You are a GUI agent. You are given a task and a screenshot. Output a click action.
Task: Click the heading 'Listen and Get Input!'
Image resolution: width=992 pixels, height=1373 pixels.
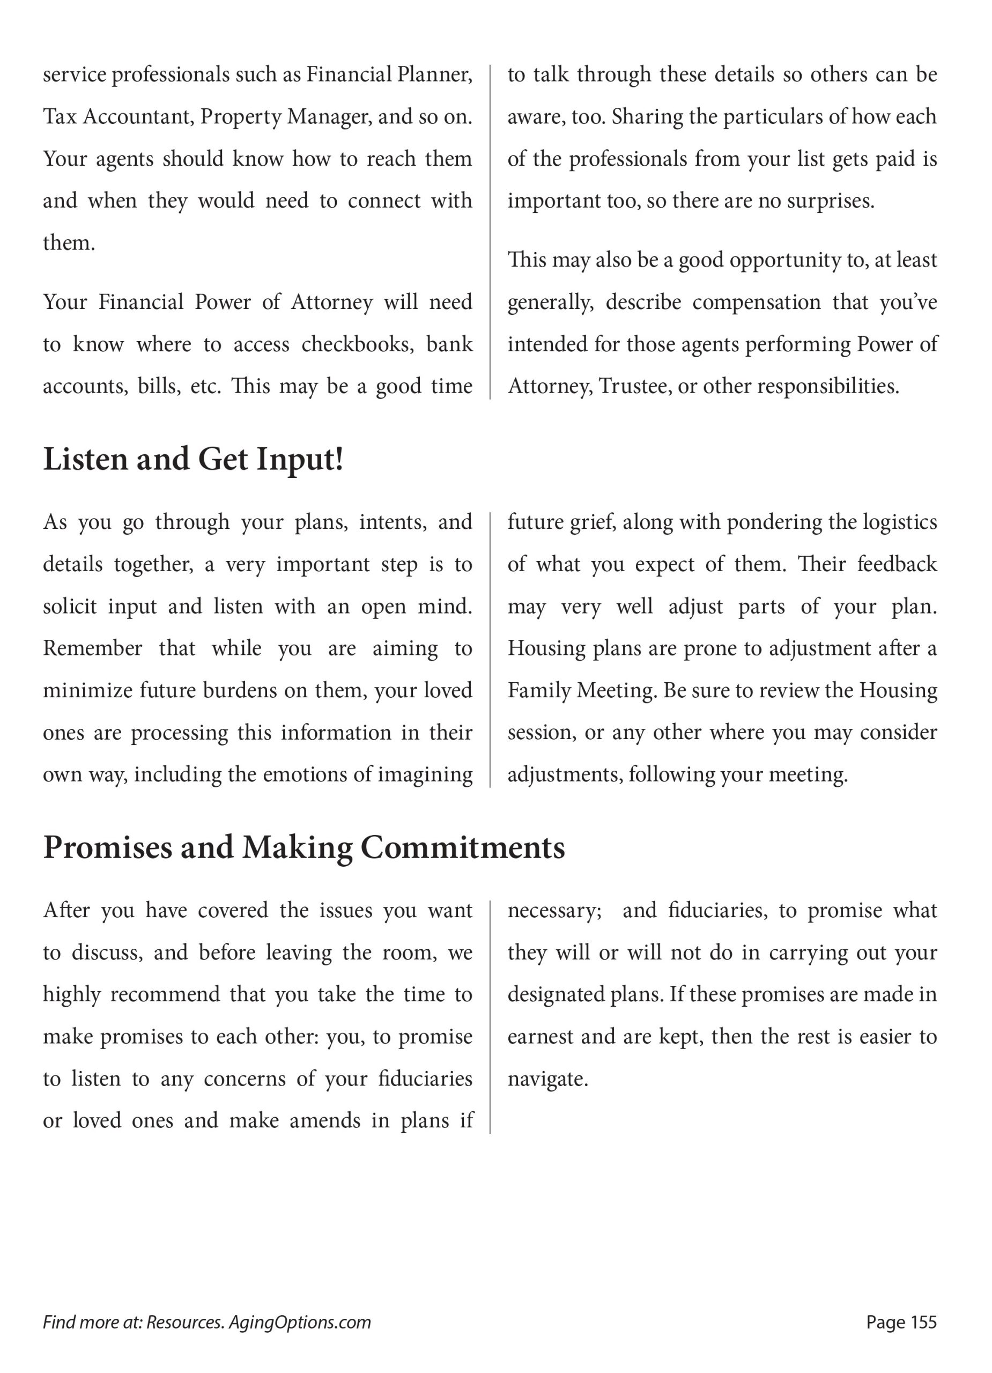tap(193, 460)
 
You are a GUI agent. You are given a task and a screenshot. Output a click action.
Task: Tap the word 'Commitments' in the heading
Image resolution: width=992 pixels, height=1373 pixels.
tap(462, 847)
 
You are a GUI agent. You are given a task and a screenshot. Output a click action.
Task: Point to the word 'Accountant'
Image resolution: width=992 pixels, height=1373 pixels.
tap(137, 117)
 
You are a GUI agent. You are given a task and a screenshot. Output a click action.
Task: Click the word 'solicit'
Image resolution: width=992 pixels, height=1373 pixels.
tap(70, 607)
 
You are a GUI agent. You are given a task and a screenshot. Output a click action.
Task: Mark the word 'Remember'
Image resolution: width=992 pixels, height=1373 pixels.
tap(92, 649)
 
